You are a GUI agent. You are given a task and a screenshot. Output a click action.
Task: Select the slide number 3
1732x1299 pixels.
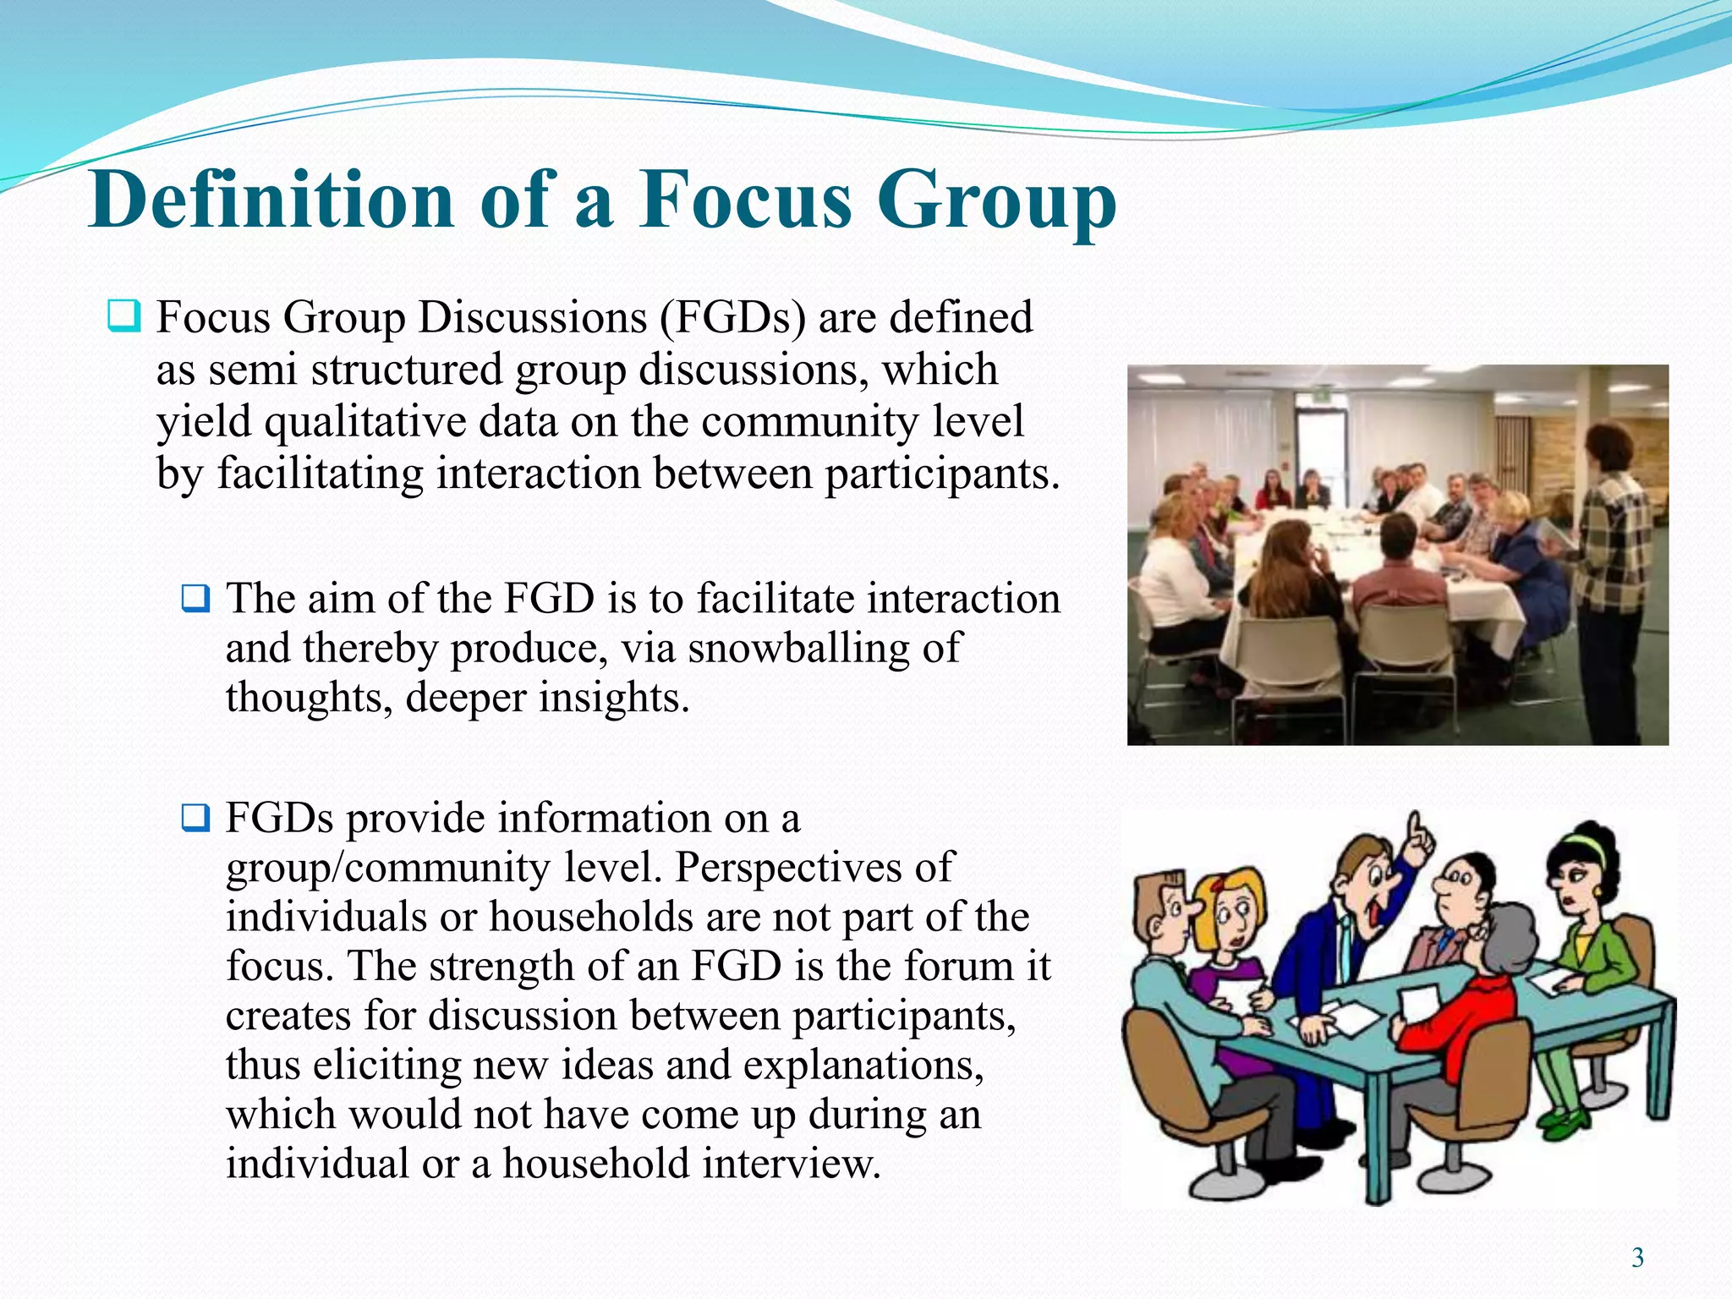(x=1637, y=1258)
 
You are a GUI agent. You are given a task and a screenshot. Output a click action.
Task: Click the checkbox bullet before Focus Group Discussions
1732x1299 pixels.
(x=123, y=317)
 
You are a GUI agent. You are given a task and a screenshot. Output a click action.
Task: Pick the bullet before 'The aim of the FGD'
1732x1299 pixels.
(x=195, y=599)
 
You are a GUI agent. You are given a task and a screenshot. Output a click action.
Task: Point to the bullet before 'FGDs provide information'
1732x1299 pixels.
(x=195, y=818)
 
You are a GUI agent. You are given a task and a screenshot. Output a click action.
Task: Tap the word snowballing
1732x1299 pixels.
(x=792, y=649)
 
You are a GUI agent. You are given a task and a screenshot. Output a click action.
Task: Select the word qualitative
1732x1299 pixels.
(x=365, y=422)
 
